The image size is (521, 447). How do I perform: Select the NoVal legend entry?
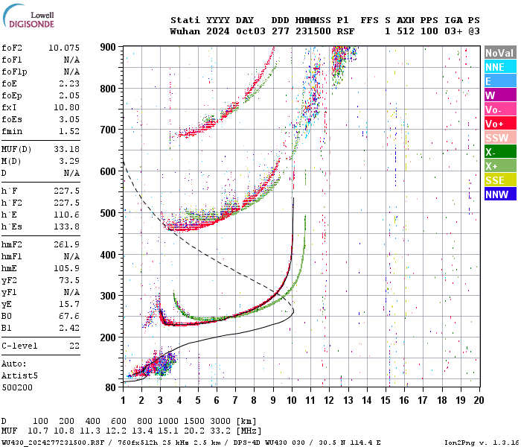tap(499, 53)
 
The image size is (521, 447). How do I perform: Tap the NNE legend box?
tap(499, 67)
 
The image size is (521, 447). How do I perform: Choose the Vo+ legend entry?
tap(499, 124)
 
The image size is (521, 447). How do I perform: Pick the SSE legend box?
tap(499, 180)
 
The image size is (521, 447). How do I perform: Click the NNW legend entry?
tap(499, 194)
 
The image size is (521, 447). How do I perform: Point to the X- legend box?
tap(499, 152)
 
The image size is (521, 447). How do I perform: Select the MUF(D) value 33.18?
tap(65, 149)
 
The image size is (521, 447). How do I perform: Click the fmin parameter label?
tap(13, 131)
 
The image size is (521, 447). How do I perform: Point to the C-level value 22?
tap(74, 346)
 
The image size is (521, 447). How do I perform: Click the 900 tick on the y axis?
tap(109, 47)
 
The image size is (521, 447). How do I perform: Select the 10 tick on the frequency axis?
tap(292, 400)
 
